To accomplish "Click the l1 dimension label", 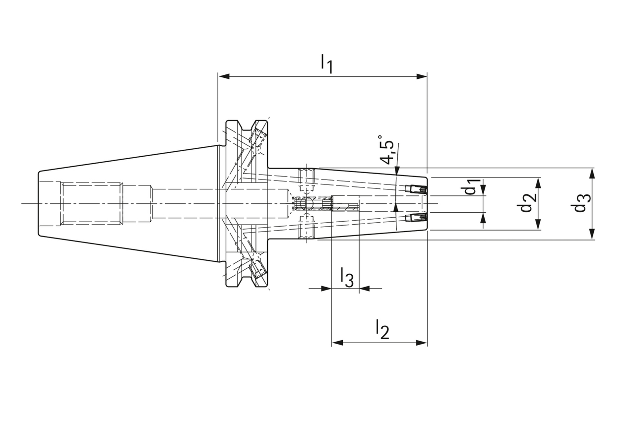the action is (x=326, y=64).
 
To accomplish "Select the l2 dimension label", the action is (x=382, y=329).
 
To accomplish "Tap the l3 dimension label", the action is (x=347, y=277).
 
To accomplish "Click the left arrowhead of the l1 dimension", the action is (x=224, y=76).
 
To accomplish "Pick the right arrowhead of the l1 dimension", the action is (x=422, y=76).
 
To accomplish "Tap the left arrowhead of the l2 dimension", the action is (x=338, y=343).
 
